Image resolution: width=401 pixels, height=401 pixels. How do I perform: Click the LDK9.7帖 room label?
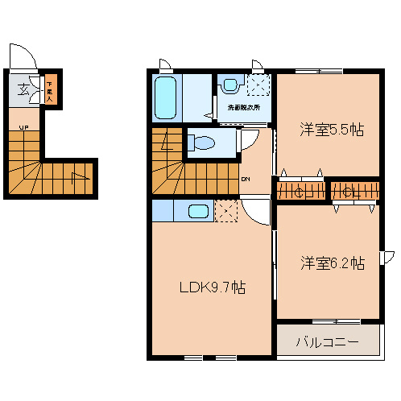coord(212,287)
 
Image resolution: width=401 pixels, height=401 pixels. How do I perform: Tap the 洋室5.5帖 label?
coord(331,130)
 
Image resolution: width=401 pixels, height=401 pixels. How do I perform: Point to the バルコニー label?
coord(326,342)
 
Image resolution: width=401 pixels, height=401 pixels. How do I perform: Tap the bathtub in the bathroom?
coord(167,98)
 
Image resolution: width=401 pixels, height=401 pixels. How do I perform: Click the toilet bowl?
coord(202,143)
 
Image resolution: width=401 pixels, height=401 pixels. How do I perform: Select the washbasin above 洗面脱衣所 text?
coord(232,83)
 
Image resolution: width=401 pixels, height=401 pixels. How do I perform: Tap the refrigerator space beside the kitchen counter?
coord(226,212)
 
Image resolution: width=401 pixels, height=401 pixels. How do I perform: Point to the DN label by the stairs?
coord(246,180)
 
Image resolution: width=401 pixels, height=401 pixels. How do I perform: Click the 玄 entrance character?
coord(25,89)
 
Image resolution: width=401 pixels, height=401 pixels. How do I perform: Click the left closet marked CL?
coord(301,192)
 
